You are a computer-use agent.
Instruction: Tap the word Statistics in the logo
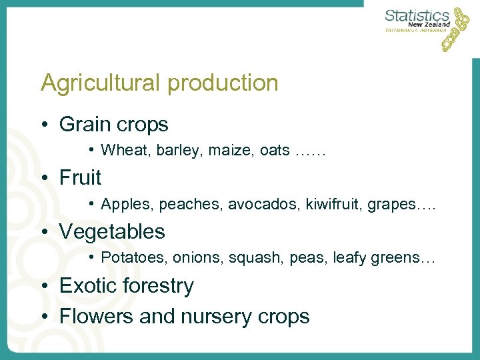pyautogui.click(x=417, y=16)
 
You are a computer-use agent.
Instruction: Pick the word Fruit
pyautogui.click(x=80, y=178)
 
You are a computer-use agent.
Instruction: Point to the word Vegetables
pyautogui.click(x=112, y=232)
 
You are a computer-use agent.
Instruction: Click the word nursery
pyautogui.click(x=215, y=317)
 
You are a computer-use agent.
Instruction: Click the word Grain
pyautogui.click(x=83, y=124)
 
